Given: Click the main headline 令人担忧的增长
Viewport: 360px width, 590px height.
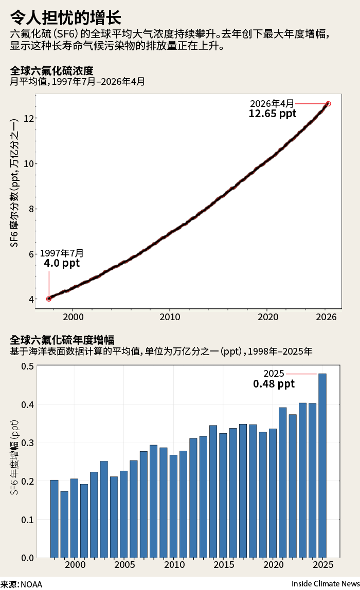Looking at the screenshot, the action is tap(65, 17).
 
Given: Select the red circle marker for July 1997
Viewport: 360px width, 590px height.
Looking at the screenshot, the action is tap(49, 299).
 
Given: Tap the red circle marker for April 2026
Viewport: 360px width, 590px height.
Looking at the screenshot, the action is tap(328, 104).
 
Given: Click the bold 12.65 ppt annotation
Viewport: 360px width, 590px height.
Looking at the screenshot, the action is tap(272, 114).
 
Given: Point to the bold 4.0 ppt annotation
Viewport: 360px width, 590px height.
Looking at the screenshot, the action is tap(62, 263).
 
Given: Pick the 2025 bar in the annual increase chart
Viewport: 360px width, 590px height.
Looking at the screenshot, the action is tap(322, 466).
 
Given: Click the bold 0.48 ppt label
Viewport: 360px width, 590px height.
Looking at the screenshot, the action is tap(274, 384).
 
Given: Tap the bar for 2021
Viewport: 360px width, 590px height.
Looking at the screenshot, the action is tap(282, 483).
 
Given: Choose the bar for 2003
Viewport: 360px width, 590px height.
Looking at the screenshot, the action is tap(104, 509).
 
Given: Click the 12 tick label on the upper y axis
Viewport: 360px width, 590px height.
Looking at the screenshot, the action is tap(29, 119).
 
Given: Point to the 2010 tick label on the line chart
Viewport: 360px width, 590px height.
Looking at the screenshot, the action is tap(170, 317).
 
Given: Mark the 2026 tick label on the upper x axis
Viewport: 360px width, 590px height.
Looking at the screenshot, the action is tap(326, 317).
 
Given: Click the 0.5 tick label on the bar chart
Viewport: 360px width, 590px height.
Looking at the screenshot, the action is tap(27, 366).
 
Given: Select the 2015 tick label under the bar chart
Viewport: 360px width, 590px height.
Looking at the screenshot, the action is tap(224, 564).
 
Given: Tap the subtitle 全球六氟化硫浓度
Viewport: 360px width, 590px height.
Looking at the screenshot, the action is tap(51, 71).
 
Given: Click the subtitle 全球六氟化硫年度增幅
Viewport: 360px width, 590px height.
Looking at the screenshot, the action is tap(62, 340).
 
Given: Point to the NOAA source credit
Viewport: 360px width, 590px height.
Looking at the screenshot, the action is tap(22, 584).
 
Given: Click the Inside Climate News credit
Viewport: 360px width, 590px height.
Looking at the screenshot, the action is tap(326, 584).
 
